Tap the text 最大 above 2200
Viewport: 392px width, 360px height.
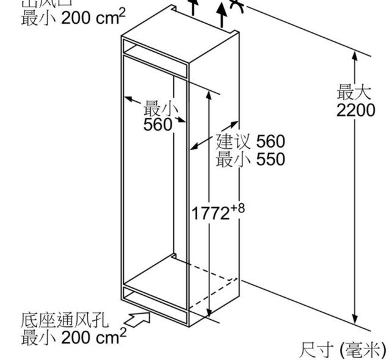[x=354, y=94]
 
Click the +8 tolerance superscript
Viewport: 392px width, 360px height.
[x=239, y=208]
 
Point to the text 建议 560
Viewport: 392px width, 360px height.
[x=250, y=142]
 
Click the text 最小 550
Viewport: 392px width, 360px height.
[x=250, y=159]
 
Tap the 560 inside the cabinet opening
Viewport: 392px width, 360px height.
[x=158, y=124]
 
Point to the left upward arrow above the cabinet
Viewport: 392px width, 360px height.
[x=195, y=7]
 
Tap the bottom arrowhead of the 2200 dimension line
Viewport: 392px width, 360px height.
[x=355, y=321]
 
